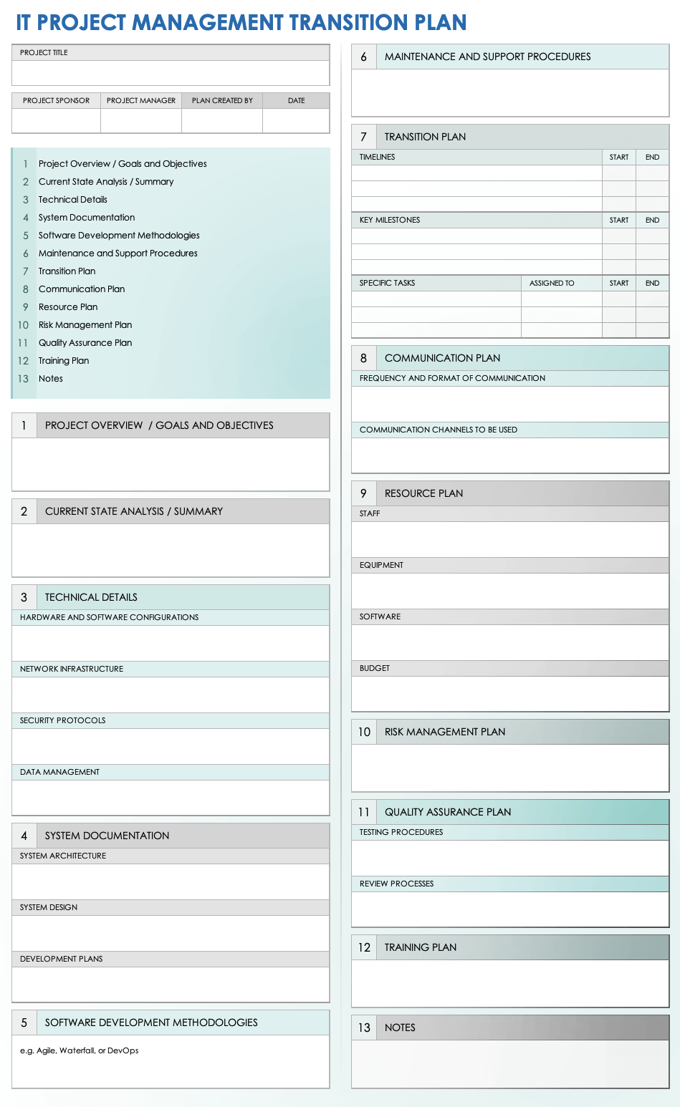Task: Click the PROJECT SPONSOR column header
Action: tap(56, 101)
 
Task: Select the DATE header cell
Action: tap(296, 101)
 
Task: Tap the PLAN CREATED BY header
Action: tap(222, 101)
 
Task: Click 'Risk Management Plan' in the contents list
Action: tap(85, 325)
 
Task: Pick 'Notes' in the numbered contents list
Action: tap(51, 379)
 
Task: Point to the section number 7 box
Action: tap(363, 137)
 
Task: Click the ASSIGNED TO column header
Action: tap(552, 284)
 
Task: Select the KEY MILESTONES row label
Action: tap(390, 221)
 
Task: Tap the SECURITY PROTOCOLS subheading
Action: tap(63, 721)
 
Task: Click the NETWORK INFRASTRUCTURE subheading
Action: tap(72, 669)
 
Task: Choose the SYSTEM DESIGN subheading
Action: tap(49, 908)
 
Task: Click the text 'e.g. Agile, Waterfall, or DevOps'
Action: tap(80, 1051)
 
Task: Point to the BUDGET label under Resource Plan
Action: tap(375, 669)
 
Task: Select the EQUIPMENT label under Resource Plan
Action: tap(381, 566)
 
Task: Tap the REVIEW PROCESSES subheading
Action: tap(396, 884)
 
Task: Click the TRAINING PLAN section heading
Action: tap(421, 948)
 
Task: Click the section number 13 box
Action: tap(364, 1028)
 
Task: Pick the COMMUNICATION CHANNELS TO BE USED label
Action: tap(439, 430)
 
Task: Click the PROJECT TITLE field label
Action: tap(44, 53)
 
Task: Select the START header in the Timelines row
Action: tap(619, 158)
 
